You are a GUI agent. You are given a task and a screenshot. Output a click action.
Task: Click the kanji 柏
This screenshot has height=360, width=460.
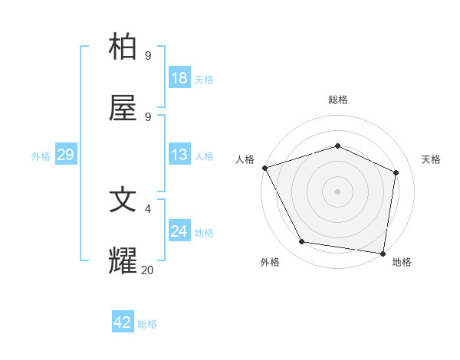(x=124, y=47)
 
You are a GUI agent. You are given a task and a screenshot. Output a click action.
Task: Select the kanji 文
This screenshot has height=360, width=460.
(x=124, y=201)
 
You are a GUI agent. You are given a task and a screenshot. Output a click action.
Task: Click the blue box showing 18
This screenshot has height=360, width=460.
(x=179, y=78)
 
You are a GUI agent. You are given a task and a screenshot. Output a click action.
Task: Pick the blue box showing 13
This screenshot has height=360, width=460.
(x=179, y=155)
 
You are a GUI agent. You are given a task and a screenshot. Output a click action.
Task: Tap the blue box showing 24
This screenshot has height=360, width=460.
(x=179, y=231)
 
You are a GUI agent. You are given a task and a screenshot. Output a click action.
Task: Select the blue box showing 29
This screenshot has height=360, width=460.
(x=65, y=155)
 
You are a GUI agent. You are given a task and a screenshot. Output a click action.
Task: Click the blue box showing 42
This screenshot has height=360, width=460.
(x=123, y=322)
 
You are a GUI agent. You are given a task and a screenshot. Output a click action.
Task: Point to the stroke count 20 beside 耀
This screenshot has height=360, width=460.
(x=147, y=270)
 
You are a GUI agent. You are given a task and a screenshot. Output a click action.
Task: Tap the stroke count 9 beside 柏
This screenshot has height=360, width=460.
(x=148, y=56)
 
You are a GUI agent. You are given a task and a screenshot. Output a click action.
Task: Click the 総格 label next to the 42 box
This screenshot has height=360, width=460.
(x=147, y=324)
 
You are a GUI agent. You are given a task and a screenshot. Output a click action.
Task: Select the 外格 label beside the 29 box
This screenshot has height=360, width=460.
(x=41, y=156)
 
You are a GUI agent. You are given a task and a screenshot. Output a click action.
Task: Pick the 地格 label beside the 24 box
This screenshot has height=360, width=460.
(x=204, y=233)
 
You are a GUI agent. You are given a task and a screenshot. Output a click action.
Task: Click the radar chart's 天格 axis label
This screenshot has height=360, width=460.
(x=432, y=159)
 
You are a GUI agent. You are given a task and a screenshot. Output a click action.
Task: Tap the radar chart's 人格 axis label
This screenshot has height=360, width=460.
(x=245, y=159)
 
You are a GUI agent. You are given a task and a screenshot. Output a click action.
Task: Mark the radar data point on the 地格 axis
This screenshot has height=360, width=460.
(x=383, y=253)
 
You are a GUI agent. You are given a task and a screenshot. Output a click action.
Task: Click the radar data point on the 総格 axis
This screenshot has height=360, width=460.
(x=337, y=146)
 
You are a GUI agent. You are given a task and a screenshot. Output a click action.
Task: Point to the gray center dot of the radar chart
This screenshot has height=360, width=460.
(x=337, y=191)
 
